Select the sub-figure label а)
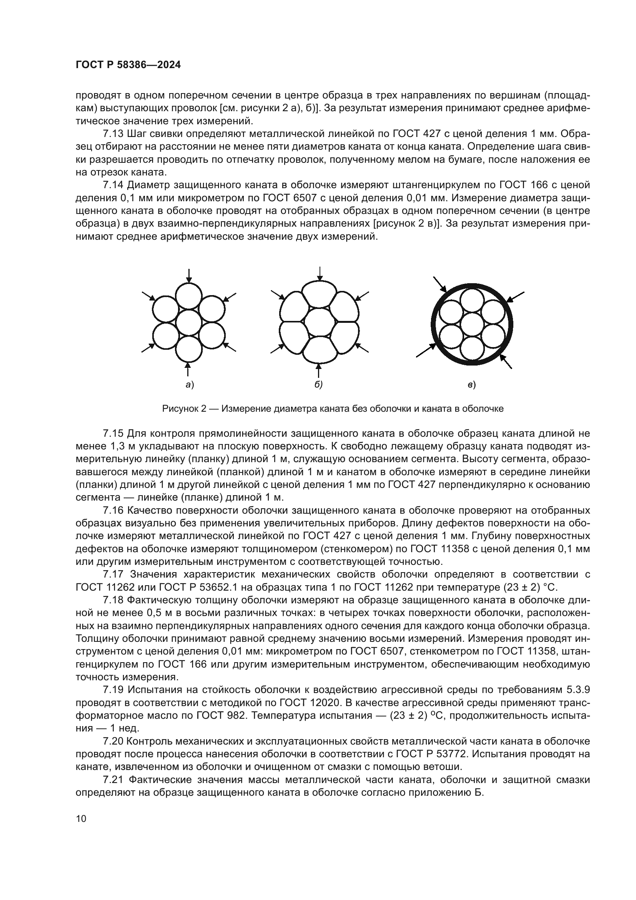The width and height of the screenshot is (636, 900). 190,385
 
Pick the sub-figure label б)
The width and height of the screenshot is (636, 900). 318,385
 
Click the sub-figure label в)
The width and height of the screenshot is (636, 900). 471,385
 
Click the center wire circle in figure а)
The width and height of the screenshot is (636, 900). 189,323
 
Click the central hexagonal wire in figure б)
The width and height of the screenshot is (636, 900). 320,322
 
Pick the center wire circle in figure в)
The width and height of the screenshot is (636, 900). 471,324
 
